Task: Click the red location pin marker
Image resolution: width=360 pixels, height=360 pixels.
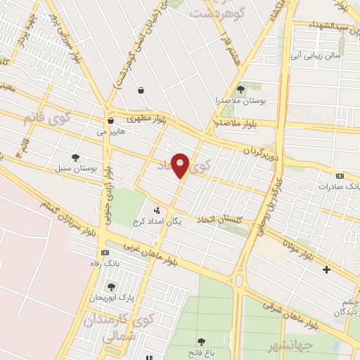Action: tap(181, 165)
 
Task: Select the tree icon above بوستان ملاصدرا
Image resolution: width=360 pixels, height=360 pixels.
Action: tap(241, 89)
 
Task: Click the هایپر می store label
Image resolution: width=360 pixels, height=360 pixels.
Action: tap(112, 131)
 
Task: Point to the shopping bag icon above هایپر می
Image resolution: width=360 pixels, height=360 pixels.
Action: tap(111, 120)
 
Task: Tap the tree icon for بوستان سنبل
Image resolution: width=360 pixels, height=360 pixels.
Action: tap(75, 157)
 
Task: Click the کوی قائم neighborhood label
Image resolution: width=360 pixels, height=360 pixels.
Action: tap(38, 117)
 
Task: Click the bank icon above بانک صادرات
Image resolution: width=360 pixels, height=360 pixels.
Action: tap(340, 176)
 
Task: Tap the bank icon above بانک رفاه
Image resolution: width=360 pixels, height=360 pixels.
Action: tap(105, 252)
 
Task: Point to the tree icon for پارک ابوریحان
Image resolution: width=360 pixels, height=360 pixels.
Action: tap(110, 286)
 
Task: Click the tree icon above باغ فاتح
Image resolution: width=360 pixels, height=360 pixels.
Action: tap(202, 341)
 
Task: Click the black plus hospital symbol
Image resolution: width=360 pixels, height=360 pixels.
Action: tap(326, 269)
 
